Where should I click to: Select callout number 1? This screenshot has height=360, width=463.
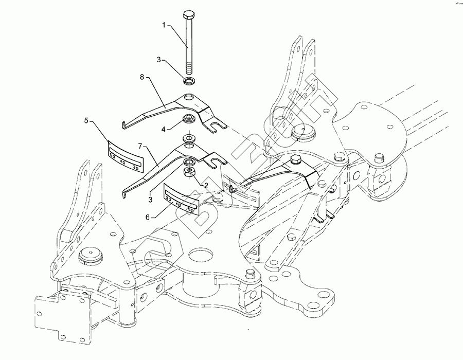click(165, 24)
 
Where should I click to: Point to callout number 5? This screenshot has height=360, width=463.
click(86, 120)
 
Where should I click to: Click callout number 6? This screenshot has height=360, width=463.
click(148, 218)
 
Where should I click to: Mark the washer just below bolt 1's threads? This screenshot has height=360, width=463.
click(189, 81)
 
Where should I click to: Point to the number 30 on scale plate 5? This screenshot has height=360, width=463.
click(135, 167)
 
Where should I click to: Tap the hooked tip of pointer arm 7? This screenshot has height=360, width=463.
click(124, 194)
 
